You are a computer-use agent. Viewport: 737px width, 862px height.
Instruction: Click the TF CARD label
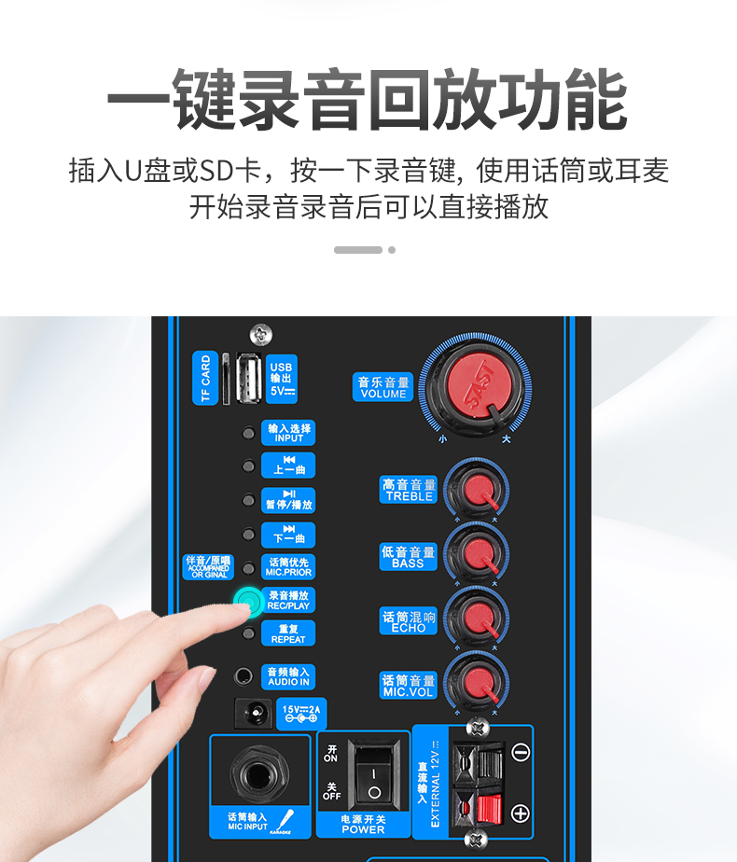pyautogui.click(x=205, y=378)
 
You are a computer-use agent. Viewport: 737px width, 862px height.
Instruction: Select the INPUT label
pyautogui.click(x=288, y=433)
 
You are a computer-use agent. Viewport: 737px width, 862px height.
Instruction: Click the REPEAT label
pyautogui.click(x=288, y=634)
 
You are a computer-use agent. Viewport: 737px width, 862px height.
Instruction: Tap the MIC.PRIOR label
pyautogui.click(x=288, y=567)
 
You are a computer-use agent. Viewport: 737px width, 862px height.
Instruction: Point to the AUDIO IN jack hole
pyautogui.click(x=244, y=675)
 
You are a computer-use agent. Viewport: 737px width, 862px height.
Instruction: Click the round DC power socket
pyautogui.click(x=252, y=715)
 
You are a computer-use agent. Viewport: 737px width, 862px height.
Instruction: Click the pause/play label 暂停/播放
pyautogui.click(x=288, y=500)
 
